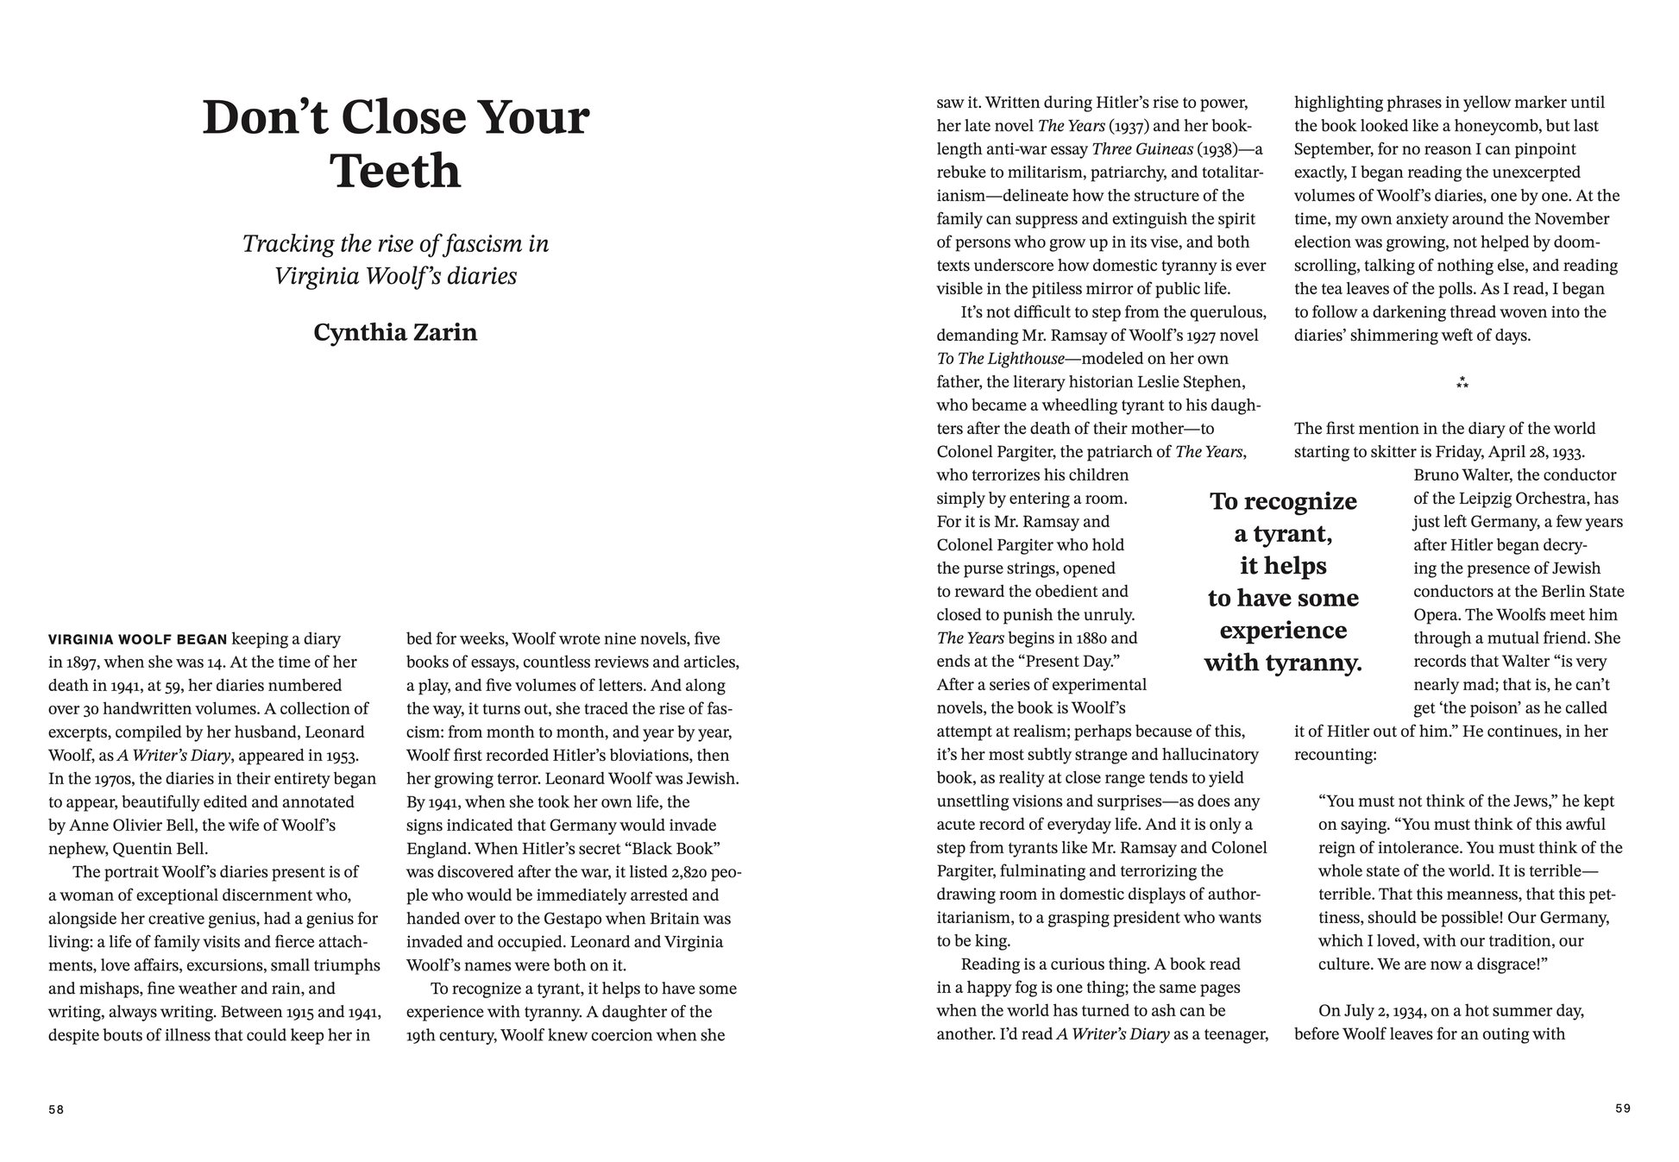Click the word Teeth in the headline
pos(395,171)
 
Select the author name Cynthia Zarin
pos(395,332)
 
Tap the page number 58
pos(56,1109)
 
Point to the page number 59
pos(1623,1109)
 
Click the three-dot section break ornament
pos(1462,382)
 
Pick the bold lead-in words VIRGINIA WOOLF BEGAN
pos(138,639)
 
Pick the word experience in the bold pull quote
pos(1283,631)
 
